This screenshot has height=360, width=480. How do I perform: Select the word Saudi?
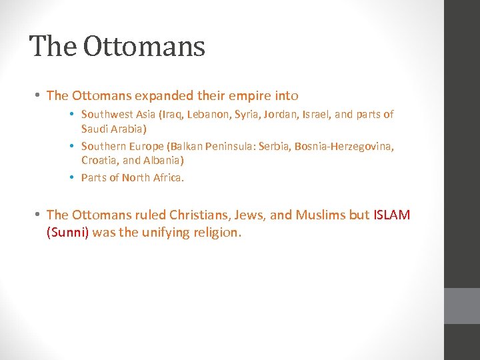95,128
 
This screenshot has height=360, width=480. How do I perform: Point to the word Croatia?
99,161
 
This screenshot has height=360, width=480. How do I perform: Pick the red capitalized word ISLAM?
391,215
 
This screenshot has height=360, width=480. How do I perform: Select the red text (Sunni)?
67,233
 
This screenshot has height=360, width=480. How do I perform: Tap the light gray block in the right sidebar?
461,305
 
